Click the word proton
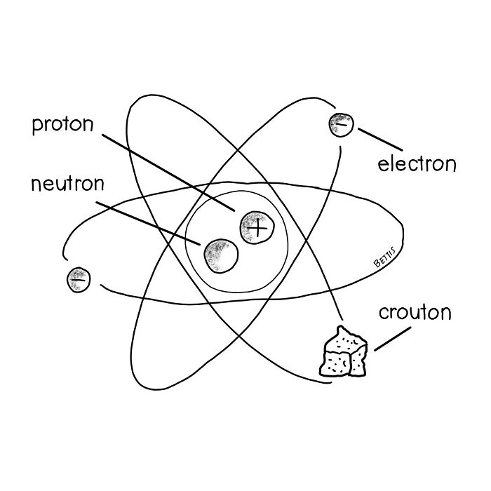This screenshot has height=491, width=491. pos(63,126)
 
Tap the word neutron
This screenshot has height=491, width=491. pos(67,183)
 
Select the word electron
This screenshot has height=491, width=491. pos(417,163)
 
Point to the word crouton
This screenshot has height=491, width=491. pos(415,312)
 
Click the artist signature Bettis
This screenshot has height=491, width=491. pos(385,257)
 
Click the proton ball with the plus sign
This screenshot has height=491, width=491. pos(257,228)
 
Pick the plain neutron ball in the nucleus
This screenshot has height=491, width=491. pos(221,256)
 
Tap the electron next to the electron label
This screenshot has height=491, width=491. pos(341,125)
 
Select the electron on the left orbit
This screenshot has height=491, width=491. pos(79,280)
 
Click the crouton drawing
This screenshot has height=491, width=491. pos(343,351)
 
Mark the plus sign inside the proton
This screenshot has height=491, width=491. pos(257,228)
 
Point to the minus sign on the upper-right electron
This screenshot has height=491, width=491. pos(342,125)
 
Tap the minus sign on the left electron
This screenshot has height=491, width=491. pos(79,280)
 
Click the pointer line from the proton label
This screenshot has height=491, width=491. pos(168,173)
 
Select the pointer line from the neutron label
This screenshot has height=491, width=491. pos(148,224)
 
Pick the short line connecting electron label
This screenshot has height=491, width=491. pos(380,140)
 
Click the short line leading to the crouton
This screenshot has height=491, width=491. pos(393,339)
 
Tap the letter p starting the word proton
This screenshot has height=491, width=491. pos(37,127)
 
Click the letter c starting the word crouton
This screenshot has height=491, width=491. pos(384,314)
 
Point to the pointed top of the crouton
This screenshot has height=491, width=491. pos(339,327)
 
